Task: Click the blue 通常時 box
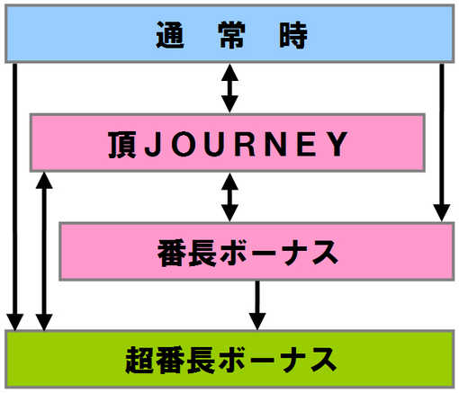[x=229, y=33]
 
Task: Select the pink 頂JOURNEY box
[x=228, y=143]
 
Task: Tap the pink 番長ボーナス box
[x=256, y=251]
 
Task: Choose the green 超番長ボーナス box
[x=229, y=359]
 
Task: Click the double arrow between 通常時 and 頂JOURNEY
[x=229, y=88]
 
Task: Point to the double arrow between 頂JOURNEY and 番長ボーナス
[x=229, y=197]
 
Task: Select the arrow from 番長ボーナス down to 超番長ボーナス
[x=257, y=306]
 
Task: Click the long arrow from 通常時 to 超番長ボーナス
[x=15, y=197]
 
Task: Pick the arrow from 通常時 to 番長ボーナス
[x=442, y=142]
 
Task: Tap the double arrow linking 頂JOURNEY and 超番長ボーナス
[x=44, y=251]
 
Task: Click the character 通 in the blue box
[x=170, y=35]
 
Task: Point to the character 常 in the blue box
[x=231, y=35]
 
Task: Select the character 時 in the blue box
[x=293, y=35]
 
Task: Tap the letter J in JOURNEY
[x=153, y=144]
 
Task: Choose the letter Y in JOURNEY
[x=337, y=144]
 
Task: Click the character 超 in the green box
[x=139, y=360]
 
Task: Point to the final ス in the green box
[x=323, y=360]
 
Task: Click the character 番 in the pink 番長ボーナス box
[x=172, y=253]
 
